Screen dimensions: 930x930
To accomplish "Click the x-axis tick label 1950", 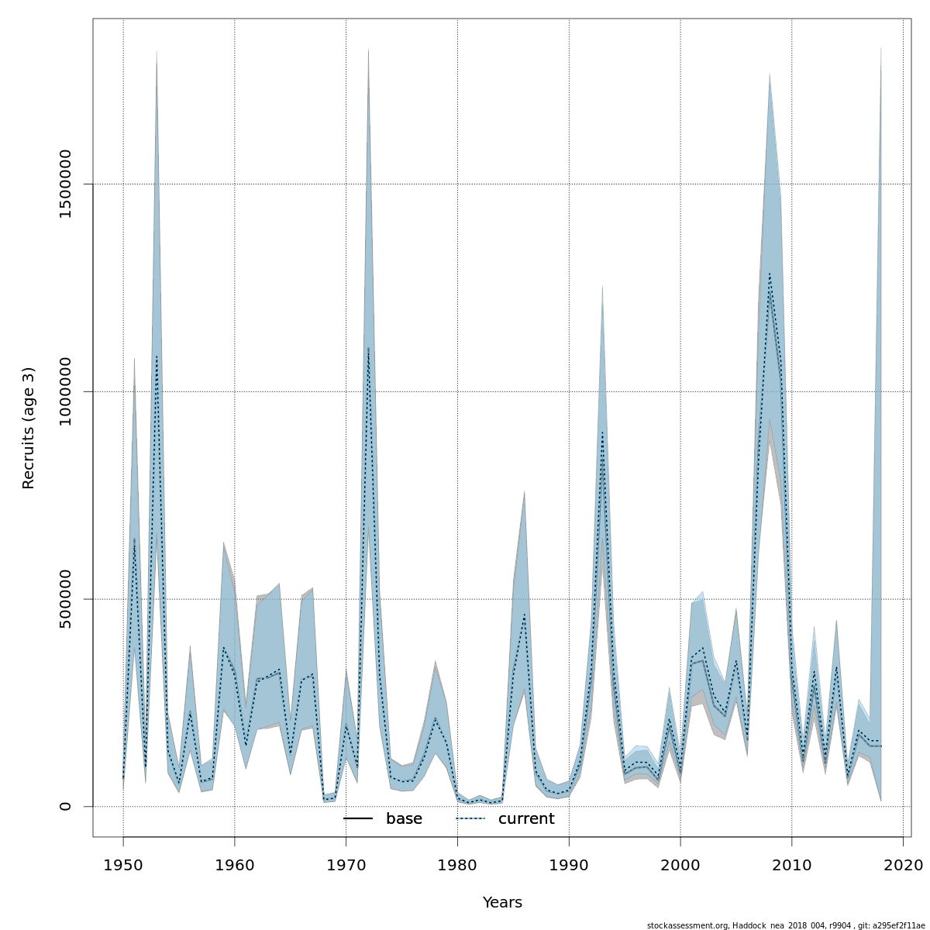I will pyautogui.click(x=123, y=864).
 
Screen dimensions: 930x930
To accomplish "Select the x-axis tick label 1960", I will pyautogui.click(x=235, y=864).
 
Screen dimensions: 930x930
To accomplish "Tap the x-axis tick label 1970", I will pyautogui.click(x=346, y=864).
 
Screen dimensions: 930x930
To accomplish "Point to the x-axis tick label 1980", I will pyautogui.click(x=457, y=864).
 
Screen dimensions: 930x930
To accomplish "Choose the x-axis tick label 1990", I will pyautogui.click(x=569, y=864).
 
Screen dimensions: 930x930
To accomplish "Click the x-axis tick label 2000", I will pyautogui.click(x=680, y=864).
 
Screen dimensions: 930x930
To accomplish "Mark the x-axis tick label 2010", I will pyautogui.click(x=792, y=864).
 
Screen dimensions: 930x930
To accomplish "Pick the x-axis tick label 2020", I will pyautogui.click(x=903, y=864).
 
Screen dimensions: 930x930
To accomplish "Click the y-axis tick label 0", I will pyautogui.click(x=66, y=806).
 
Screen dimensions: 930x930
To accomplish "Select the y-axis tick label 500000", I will pyautogui.click(x=66, y=599).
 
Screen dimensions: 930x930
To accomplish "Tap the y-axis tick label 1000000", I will pyautogui.click(x=66, y=391).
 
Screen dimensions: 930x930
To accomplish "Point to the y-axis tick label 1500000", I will pyautogui.click(x=66, y=184).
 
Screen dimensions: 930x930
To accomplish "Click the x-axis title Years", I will pyautogui.click(x=502, y=903).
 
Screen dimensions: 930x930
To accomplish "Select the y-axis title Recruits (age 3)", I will pyautogui.click(x=29, y=428).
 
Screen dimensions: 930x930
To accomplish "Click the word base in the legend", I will pyautogui.click(x=404, y=819).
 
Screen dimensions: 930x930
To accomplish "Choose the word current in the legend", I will pyautogui.click(x=526, y=819).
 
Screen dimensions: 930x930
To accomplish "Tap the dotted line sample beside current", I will pyautogui.click(x=470, y=819).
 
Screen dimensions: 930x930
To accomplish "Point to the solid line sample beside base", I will pyautogui.click(x=358, y=819).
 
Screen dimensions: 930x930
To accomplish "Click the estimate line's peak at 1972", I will pyautogui.click(x=368, y=349).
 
